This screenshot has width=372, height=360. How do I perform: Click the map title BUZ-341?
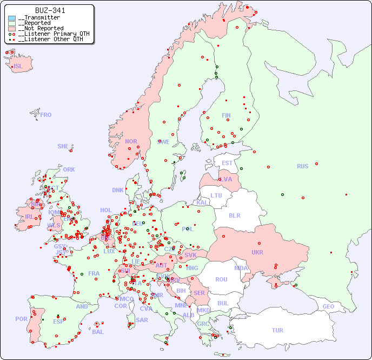pos(50,10)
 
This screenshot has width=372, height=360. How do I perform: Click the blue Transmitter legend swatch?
pos(12,18)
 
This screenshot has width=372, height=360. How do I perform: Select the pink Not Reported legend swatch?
pos(12,29)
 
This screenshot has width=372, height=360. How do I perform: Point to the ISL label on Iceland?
pos(18,67)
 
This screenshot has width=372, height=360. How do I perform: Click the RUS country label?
pos(302,166)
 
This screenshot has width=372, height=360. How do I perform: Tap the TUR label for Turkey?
pos(277,330)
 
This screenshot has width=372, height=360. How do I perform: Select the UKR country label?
pos(257,252)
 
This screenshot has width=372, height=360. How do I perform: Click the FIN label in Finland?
pos(226,115)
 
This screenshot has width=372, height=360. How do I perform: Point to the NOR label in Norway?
pos(131,141)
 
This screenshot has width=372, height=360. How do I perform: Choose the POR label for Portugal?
pos(21,319)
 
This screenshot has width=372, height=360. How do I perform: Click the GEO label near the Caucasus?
pos(328,306)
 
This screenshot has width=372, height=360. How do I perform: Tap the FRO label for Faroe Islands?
pos(46,115)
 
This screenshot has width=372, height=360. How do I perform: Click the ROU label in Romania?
pos(221,279)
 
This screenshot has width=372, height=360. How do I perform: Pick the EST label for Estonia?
pos(227,163)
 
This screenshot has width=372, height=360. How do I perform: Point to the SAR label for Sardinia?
pos(142,320)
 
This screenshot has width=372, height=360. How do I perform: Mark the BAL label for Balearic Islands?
pos(98,332)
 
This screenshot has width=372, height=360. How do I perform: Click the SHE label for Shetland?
pos(63,146)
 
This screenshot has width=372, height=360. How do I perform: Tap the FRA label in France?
pos(94,273)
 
